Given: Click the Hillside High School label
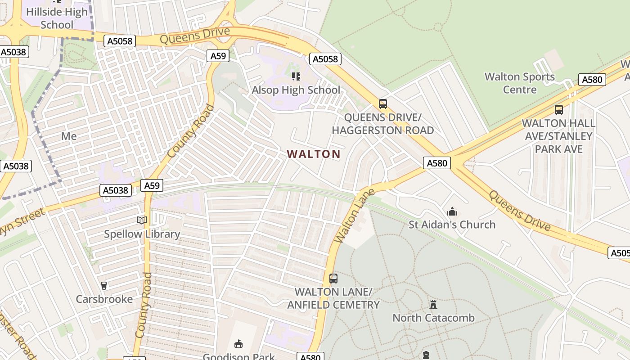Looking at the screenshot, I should (x=57, y=18).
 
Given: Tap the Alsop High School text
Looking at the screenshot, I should (x=296, y=90).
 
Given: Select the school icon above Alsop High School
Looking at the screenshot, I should (x=296, y=76).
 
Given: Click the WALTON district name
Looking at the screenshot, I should (x=314, y=154).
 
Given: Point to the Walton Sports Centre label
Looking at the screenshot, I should (x=520, y=83).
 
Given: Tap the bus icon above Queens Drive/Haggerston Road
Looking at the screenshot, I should (x=382, y=104).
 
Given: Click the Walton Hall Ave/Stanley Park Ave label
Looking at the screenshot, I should (x=558, y=136).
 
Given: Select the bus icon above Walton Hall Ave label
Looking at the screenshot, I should (x=558, y=109).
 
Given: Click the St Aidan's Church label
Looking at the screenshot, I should (x=452, y=224).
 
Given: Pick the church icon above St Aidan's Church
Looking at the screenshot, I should (x=452, y=211).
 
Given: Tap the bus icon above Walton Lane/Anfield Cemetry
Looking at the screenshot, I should (x=333, y=279).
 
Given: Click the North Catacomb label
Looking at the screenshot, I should (x=433, y=318).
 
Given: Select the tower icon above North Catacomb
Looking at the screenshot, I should (x=433, y=305).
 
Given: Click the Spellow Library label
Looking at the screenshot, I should (x=142, y=234).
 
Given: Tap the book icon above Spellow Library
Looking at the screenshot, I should (x=142, y=220).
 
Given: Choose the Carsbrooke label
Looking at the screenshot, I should (x=104, y=299).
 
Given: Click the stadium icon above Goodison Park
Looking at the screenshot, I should (x=238, y=344).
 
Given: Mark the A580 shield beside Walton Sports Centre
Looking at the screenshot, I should (x=592, y=80).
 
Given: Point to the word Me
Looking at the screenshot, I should (x=69, y=136).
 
